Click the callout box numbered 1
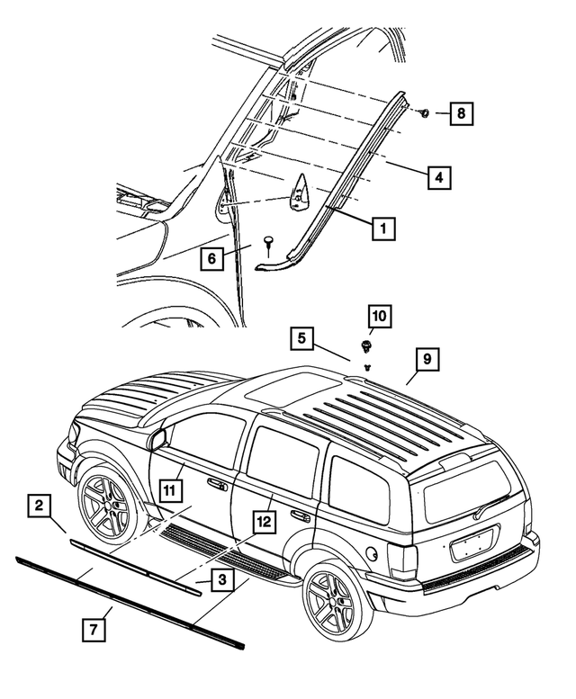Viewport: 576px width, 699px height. (x=382, y=229)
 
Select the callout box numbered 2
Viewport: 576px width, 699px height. (x=40, y=506)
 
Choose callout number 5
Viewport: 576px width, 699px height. (x=303, y=340)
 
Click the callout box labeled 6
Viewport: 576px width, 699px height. (x=212, y=259)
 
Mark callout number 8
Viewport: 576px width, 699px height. (x=462, y=114)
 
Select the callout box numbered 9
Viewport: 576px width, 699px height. (x=427, y=361)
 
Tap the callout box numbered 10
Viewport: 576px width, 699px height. (x=379, y=318)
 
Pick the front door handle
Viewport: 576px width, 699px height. (x=217, y=486)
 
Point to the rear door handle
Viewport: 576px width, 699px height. (x=300, y=516)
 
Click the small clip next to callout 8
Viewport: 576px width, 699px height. (x=424, y=113)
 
